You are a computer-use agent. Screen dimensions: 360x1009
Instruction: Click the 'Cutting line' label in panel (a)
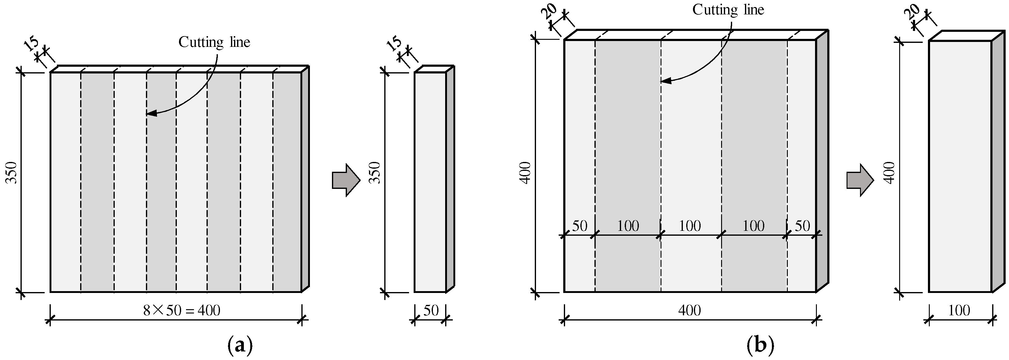(214, 42)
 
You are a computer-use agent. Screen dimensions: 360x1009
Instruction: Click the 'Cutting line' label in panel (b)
(728, 10)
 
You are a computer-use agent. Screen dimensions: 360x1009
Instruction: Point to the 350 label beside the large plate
(12, 172)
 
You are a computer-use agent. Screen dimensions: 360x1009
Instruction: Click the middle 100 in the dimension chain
(690, 226)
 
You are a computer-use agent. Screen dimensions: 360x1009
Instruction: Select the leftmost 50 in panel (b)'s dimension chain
(580, 226)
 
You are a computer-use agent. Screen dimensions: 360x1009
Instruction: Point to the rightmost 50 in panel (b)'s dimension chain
(802, 226)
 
